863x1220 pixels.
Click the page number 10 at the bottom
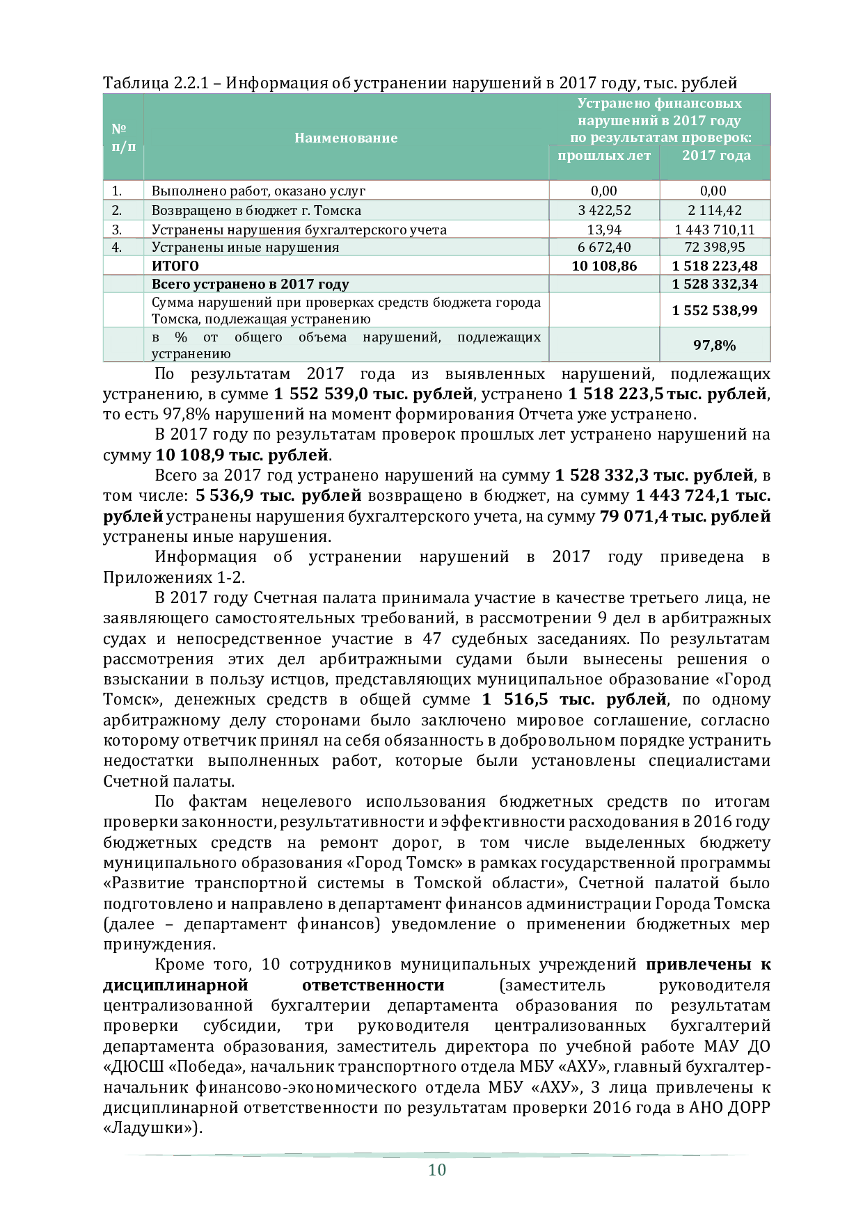(x=436, y=1169)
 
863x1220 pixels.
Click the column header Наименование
(x=346, y=138)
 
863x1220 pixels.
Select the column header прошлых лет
(x=604, y=155)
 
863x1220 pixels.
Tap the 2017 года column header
(x=716, y=155)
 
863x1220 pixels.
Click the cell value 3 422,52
(x=604, y=210)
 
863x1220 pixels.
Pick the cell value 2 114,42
(x=715, y=210)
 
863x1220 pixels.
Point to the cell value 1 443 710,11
(x=715, y=230)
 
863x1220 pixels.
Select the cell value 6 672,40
(x=604, y=247)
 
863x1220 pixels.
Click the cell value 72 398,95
(x=715, y=247)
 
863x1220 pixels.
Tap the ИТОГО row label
(x=175, y=266)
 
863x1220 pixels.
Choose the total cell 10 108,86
(x=604, y=266)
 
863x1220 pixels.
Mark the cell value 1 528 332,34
(x=715, y=284)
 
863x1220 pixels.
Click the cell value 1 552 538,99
(x=715, y=310)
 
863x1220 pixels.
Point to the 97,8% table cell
(x=715, y=345)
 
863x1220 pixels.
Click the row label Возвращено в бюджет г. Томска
(x=256, y=210)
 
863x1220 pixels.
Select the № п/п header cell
(x=123, y=138)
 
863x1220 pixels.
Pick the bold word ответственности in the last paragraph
(x=373, y=985)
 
